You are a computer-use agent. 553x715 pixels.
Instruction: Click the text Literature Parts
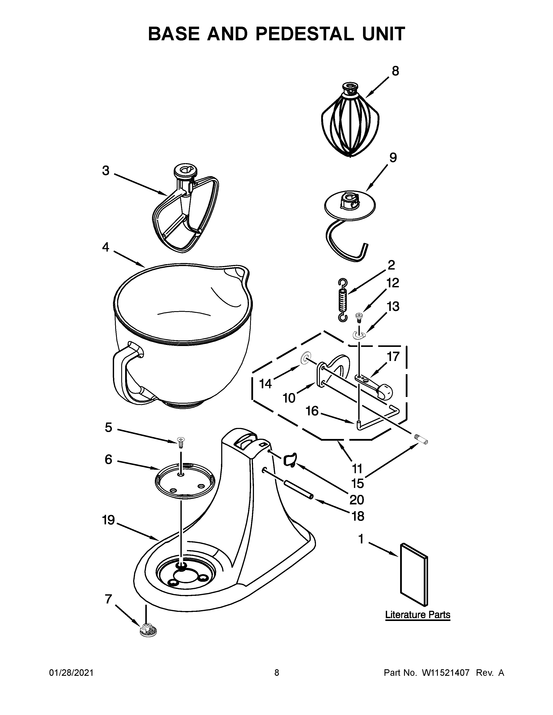click(x=417, y=615)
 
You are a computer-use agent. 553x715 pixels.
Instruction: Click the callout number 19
click(x=108, y=520)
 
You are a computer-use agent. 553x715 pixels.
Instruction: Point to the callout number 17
click(x=393, y=356)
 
